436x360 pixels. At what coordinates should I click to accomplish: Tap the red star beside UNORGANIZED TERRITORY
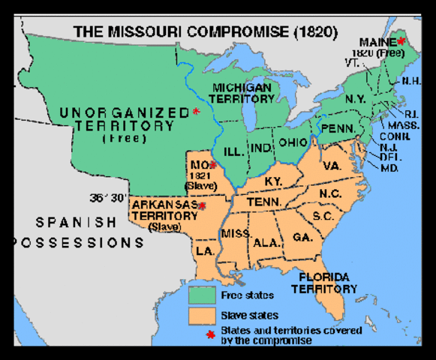pyautogui.click(x=196, y=112)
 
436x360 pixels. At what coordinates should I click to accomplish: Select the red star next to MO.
pyautogui.click(x=213, y=165)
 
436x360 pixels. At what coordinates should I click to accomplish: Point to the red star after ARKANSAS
pyautogui.click(x=202, y=205)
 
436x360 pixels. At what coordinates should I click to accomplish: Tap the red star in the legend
pyautogui.click(x=210, y=334)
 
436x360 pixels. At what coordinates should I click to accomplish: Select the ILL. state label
pyautogui.click(x=235, y=151)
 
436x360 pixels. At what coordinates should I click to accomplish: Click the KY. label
pyautogui.click(x=274, y=181)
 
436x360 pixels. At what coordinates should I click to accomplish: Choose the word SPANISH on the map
pyautogui.click(x=76, y=223)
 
